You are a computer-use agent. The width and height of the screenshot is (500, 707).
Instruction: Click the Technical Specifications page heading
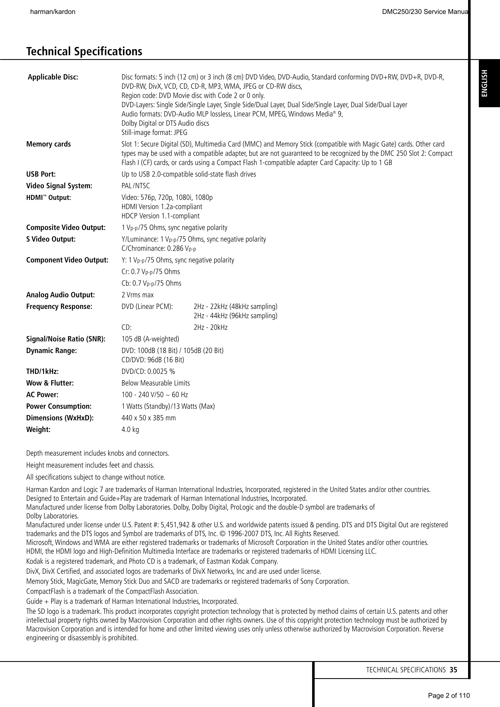click(84, 51)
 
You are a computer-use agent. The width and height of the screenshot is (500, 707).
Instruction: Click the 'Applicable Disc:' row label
click(53, 77)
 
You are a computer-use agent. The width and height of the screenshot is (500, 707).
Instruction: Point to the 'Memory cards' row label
click(48, 144)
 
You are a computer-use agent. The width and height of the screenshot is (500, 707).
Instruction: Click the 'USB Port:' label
click(41, 174)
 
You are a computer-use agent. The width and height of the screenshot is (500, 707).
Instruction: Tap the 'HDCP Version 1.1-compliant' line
click(161, 216)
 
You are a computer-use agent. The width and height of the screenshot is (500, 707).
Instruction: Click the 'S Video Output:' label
click(51, 239)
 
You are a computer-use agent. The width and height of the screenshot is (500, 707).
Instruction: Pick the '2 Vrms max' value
click(138, 295)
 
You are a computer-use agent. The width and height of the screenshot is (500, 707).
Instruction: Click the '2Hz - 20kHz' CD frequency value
click(210, 327)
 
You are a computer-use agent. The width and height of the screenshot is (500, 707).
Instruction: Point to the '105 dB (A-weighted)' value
click(150, 339)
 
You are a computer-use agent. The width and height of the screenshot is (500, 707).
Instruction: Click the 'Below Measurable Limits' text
click(156, 383)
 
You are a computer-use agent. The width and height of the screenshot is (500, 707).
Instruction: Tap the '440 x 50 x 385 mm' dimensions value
click(149, 418)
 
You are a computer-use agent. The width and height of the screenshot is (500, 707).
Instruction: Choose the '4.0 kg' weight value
click(130, 430)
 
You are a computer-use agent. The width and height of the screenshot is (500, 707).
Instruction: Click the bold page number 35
click(453, 670)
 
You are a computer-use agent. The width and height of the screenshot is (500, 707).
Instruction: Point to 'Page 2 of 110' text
click(449, 695)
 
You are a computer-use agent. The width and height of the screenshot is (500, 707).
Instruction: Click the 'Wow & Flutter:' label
click(50, 383)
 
